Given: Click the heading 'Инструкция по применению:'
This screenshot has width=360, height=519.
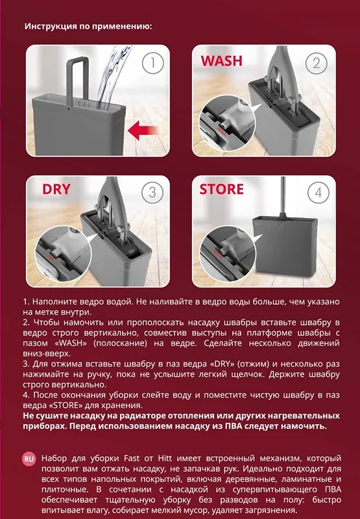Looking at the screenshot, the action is [x=88, y=26].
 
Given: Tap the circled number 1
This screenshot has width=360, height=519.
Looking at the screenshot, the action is [x=152, y=62].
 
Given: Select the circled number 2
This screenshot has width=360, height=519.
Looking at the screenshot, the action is [x=317, y=62].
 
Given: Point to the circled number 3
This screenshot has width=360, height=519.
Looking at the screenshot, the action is [x=152, y=192].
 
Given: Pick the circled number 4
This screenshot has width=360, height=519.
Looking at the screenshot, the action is [x=318, y=192].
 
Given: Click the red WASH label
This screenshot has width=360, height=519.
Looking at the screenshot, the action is [x=222, y=61].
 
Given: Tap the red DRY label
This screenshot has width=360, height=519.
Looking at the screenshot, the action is [x=56, y=189].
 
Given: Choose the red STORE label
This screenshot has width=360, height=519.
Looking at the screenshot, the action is [x=221, y=189].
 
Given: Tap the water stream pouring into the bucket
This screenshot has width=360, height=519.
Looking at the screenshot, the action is [x=112, y=76].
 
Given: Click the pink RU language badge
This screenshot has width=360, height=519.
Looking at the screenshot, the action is [x=29, y=459].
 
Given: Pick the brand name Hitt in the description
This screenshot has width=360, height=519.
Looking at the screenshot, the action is [x=165, y=459].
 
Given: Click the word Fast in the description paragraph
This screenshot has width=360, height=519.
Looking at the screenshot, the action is [x=132, y=459].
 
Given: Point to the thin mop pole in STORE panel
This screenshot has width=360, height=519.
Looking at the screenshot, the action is [x=283, y=197].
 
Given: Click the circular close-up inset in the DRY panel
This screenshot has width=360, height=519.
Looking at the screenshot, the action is [x=63, y=253].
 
